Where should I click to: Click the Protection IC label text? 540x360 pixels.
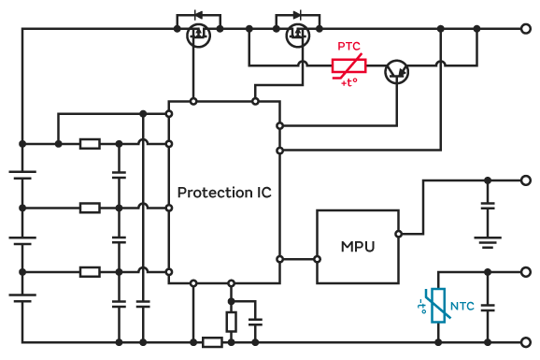pos(224,193)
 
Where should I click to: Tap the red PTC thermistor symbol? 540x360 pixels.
pos(348,65)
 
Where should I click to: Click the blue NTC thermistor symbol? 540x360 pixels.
pos(438,306)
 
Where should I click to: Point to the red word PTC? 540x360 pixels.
pos(348,46)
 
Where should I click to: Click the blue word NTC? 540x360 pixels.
pos(462,306)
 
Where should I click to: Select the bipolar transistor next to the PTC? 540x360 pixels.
pos(396,72)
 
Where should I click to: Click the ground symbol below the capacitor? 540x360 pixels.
pos(488,242)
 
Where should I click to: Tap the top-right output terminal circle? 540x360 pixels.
pos(526,29)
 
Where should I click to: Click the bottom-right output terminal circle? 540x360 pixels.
pos(526,342)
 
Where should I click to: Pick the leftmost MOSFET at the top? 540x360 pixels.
pos(198,36)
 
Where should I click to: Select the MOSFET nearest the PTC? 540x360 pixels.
pos(298,36)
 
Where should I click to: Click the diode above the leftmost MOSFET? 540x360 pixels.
pos(198,15)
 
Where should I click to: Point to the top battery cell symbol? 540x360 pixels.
pos(22,175)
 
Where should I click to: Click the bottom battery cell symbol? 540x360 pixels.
pos(22,298)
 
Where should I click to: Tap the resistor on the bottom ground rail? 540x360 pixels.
pos(212,342)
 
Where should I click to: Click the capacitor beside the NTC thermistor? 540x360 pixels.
pos(488,308)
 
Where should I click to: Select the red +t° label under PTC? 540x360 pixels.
pos(349,83)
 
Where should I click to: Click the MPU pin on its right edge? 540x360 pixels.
pos(398,234)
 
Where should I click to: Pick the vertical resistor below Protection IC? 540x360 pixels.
pos(232,322)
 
